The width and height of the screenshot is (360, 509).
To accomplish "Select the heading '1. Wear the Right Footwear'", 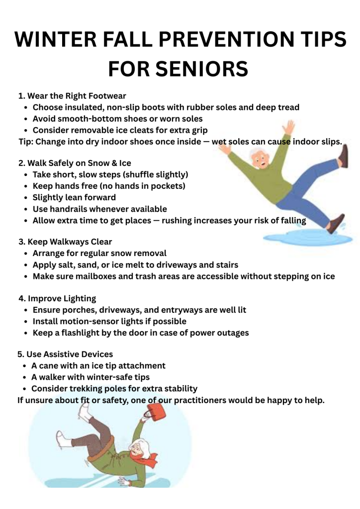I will click(x=72, y=96).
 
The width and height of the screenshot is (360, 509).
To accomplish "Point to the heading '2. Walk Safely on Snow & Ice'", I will click(x=75, y=163).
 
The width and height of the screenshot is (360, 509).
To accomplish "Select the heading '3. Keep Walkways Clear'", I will click(x=65, y=242).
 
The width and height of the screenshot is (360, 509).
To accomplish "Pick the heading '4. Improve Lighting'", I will click(x=57, y=298).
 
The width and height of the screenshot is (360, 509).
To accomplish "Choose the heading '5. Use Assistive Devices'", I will click(x=65, y=354).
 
